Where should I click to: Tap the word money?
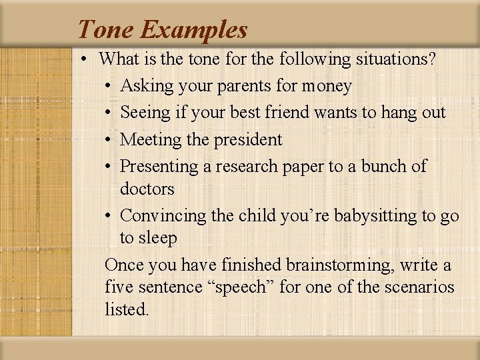click(327, 86)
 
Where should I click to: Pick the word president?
click(248, 139)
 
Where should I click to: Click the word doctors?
click(147, 189)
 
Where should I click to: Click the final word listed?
click(127, 310)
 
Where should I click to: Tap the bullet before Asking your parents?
click(109, 87)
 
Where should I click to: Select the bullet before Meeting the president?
click(109, 140)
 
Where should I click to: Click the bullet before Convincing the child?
click(109, 216)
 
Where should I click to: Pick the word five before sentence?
click(119, 287)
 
